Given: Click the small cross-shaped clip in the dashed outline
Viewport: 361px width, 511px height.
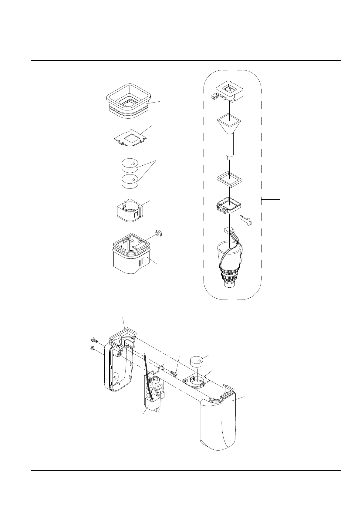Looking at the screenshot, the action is tap(246, 220).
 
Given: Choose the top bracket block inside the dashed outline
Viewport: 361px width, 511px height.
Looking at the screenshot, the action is tap(229, 90).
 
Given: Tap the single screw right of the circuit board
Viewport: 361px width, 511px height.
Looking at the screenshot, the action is tap(174, 372).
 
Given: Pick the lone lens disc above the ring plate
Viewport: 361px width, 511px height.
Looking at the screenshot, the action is tap(197, 361).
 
